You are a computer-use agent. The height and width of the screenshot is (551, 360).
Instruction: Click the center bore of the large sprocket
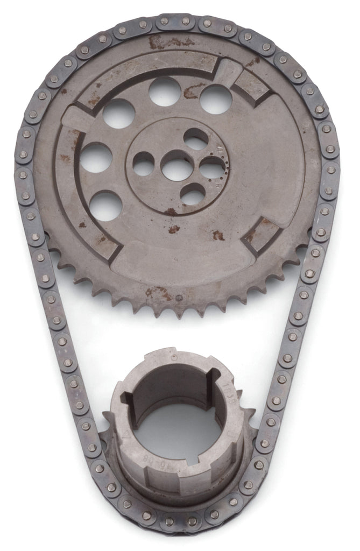click(177, 168)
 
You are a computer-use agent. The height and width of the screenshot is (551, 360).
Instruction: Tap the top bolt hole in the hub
click(195, 139)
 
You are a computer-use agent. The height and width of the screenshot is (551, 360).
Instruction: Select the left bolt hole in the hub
click(144, 164)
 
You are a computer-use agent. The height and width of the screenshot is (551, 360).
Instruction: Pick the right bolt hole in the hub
click(211, 167)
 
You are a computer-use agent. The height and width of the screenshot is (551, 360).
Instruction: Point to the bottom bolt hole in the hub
click(192, 194)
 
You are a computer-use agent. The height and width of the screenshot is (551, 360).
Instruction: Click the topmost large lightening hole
click(165, 91)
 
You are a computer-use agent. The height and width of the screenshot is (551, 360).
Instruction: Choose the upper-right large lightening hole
click(216, 99)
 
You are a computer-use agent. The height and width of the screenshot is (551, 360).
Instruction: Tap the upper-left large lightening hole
click(119, 113)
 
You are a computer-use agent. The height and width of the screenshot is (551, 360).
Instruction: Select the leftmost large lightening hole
click(97, 157)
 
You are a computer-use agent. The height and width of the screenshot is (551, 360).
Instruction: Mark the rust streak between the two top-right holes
click(190, 93)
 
